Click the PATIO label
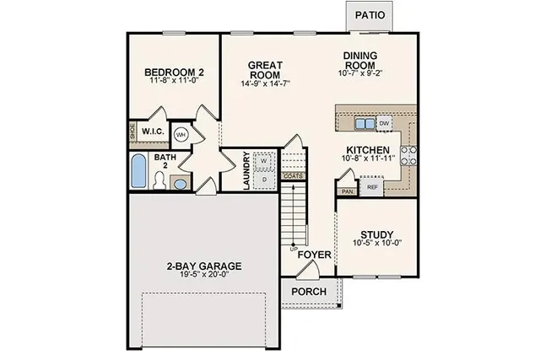[370, 15]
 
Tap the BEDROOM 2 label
[175, 73]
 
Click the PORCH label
[308, 292]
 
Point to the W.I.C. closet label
[153, 132]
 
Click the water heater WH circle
[181, 134]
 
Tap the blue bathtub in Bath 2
[138, 169]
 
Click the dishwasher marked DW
[385, 123]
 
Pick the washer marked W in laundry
[263, 159]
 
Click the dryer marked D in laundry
[263, 179]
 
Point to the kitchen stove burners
[408, 154]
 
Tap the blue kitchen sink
[364, 123]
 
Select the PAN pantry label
[347, 191]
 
